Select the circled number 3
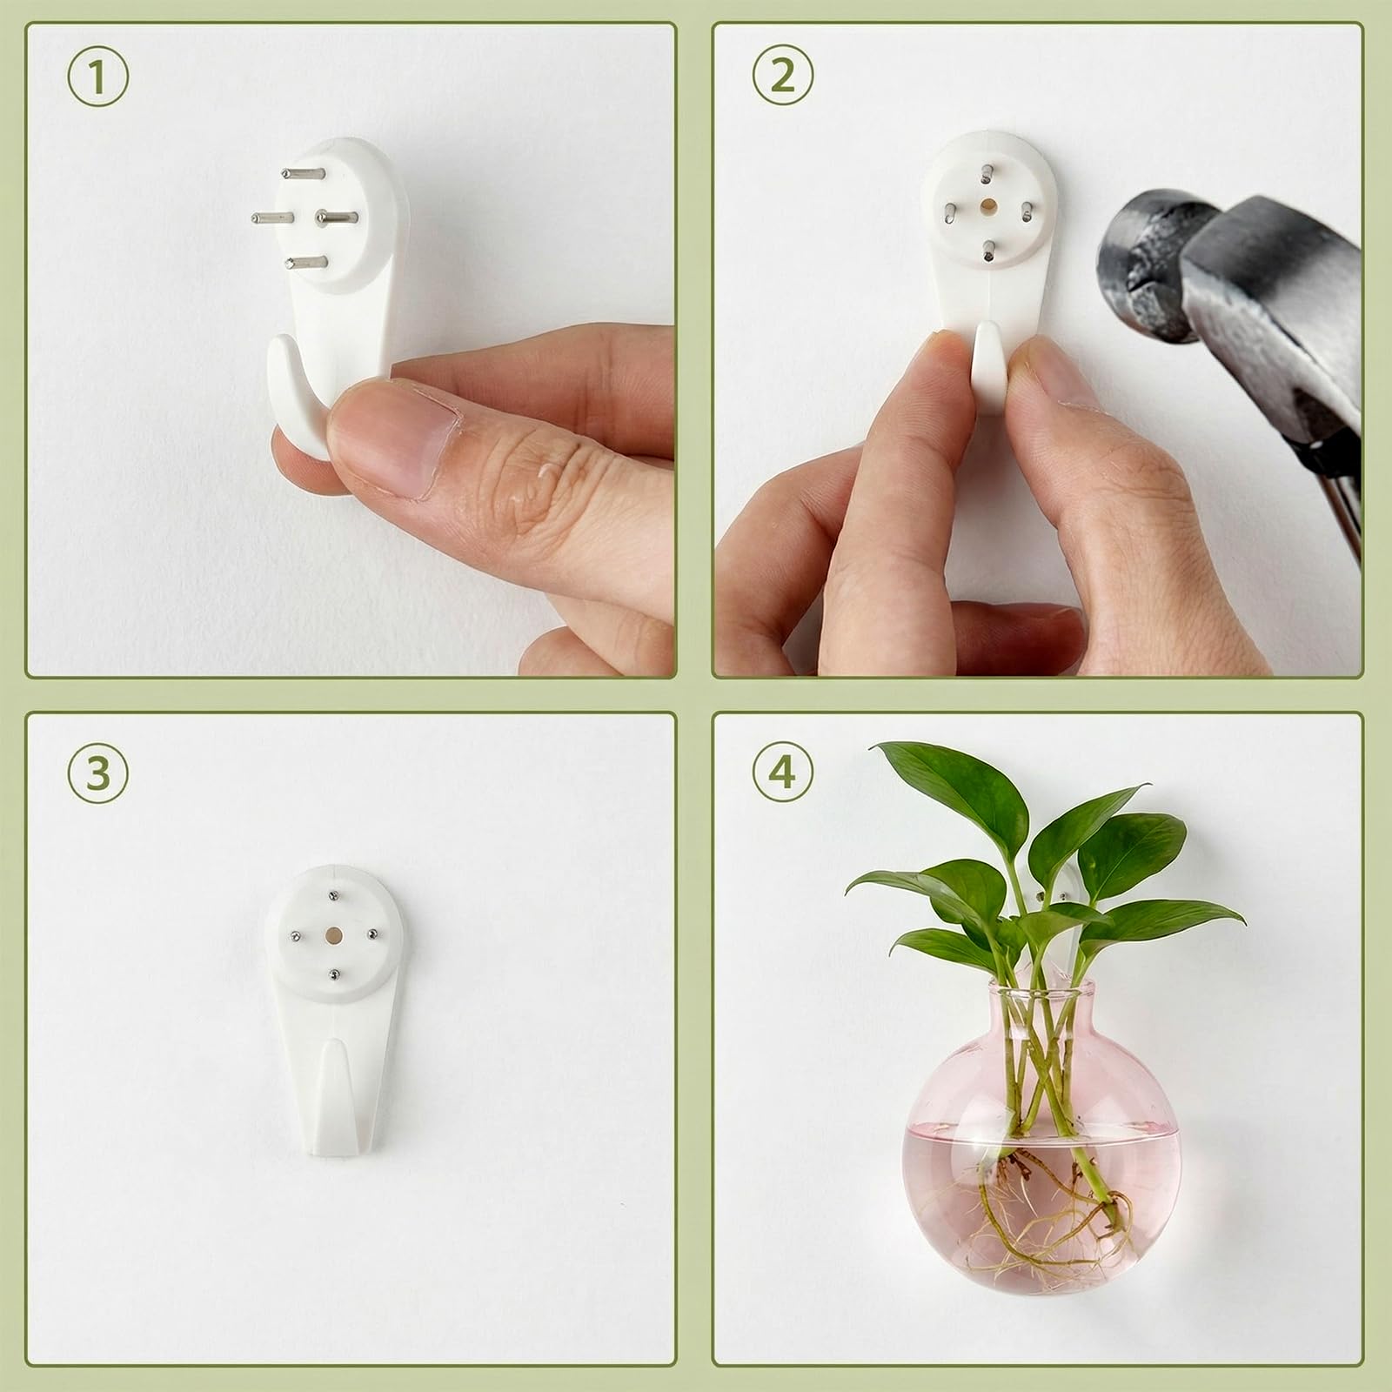click(98, 773)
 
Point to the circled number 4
click(782, 773)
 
